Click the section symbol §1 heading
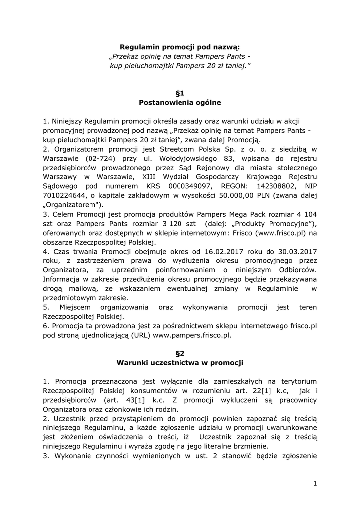(x=180, y=93)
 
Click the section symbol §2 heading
(x=180, y=353)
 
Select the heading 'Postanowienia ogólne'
(x=180, y=103)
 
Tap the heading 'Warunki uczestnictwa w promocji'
(x=180, y=363)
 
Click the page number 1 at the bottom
(x=315, y=483)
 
